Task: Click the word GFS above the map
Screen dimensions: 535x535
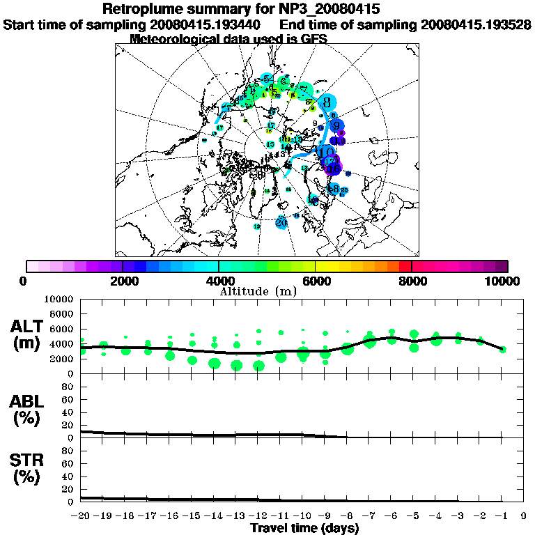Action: click(x=313, y=39)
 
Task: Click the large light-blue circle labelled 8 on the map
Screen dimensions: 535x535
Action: click(x=326, y=102)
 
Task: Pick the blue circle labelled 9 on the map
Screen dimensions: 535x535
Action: click(x=337, y=126)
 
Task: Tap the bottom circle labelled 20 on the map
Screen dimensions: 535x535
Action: click(x=281, y=223)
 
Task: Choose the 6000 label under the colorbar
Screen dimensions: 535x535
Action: click(x=315, y=281)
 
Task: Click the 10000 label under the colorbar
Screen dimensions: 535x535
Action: click(x=504, y=281)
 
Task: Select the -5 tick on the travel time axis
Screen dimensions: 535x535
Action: click(x=414, y=516)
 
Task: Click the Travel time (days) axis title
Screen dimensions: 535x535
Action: click(x=304, y=529)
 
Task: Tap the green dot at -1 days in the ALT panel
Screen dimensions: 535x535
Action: click(x=502, y=349)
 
